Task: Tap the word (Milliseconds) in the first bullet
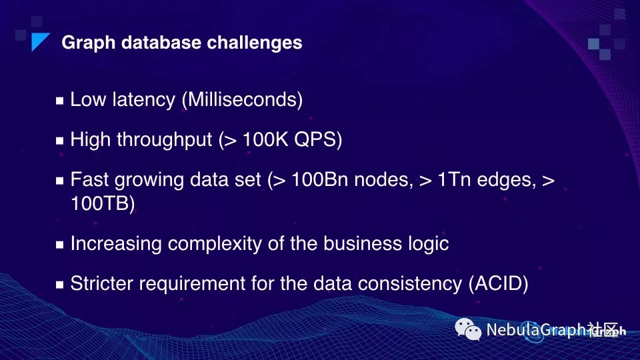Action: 243,99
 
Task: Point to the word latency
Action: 143,100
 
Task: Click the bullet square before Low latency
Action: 59,101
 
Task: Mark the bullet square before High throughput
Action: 59,141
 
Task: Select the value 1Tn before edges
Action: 454,179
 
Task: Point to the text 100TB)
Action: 103,203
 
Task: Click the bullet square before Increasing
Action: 59,245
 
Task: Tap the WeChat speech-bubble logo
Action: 468,329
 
